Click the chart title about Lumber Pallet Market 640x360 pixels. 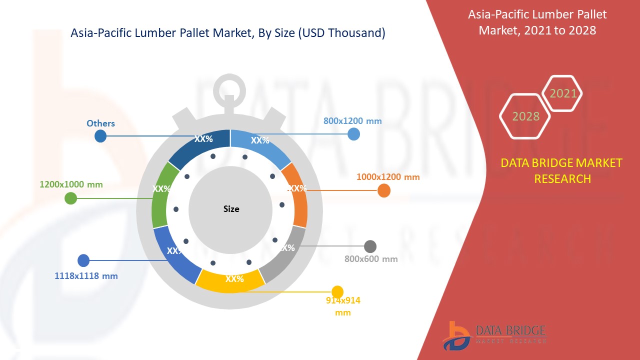click(228, 33)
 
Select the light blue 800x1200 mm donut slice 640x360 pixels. click(262, 145)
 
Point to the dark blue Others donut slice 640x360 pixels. click(197, 145)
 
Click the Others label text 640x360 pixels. click(100, 123)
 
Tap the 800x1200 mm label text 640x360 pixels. click(352, 121)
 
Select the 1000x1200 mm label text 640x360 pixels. click(388, 177)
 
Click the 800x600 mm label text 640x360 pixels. click(371, 259)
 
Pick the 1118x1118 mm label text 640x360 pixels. click(86, 275)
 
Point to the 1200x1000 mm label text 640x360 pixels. click(71, 184)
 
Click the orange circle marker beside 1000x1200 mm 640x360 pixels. click(383, 190)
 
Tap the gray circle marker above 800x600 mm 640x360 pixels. click(370, 246)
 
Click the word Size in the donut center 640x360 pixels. click(231, 209)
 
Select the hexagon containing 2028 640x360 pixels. click(525, 116)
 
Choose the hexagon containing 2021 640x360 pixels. click(562, 93)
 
